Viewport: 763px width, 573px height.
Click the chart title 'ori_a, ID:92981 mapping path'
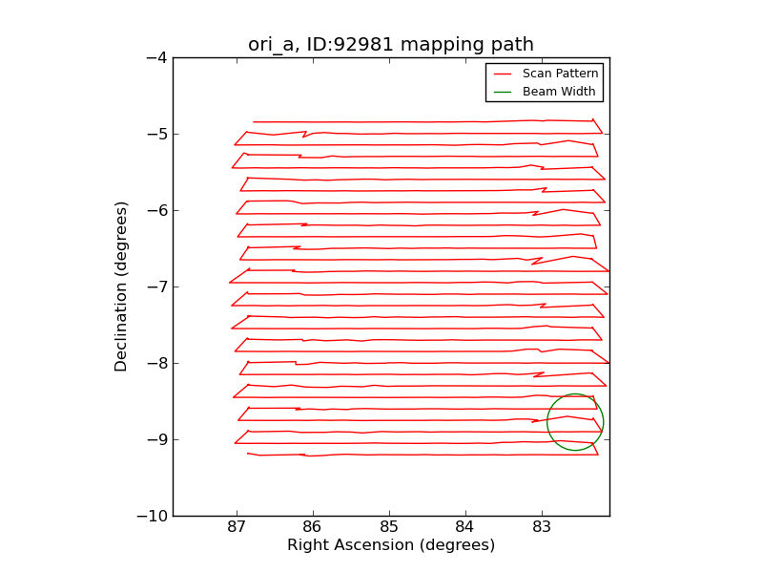tap(391, 45)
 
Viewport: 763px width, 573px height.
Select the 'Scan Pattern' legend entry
tap(560, 74)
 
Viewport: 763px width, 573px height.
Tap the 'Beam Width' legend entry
tap(559, 92)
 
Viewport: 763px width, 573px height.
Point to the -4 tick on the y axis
tap(156, 57)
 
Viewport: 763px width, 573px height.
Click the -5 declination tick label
tap(156, 134)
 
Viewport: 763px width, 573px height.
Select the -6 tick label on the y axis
tap(156, 210)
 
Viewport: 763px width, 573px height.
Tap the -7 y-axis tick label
tap(156, 286)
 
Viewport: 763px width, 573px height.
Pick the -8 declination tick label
tap(156, 363)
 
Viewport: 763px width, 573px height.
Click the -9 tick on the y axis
tap(156, 439)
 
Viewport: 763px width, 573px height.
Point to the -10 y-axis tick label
tap(153, 516)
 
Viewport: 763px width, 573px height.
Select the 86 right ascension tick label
tap(313, 528)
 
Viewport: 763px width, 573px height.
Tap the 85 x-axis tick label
tap(389, 528)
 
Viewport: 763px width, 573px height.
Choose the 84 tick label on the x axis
tap(464, 528)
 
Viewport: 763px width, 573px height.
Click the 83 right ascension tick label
tap(541, 528)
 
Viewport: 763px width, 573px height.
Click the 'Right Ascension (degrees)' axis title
tap(391, 545)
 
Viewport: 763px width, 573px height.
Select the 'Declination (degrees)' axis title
tap(122, 286)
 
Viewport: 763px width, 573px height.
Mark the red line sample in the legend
tap(503, 74)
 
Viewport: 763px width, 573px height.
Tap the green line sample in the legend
tap(503, 92)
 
